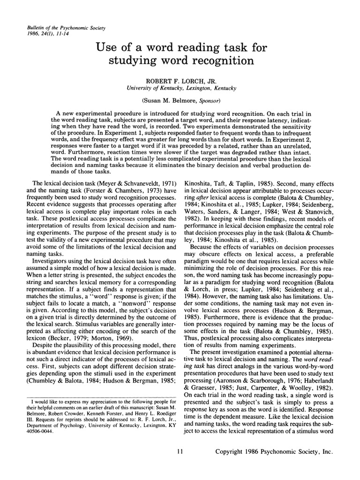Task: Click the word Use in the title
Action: (107, 46)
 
